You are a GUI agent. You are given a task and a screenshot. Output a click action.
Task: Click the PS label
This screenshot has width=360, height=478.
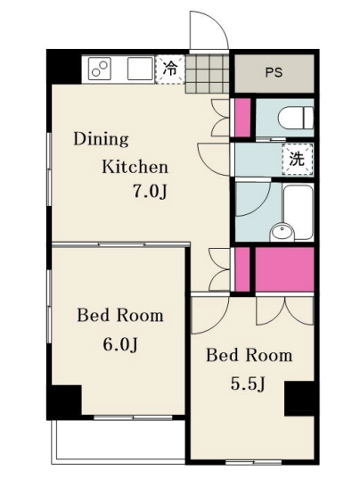(x=274, y=72)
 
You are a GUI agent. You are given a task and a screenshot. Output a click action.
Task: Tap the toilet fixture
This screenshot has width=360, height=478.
(x=296, y=118)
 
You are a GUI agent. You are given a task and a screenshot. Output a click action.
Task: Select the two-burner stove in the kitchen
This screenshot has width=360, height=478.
(x=99, y=70)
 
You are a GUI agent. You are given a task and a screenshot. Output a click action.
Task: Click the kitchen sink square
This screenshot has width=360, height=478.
(x=140, y=69)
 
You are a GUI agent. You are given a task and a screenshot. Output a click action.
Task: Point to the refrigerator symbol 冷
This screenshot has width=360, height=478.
(x=169, y=70)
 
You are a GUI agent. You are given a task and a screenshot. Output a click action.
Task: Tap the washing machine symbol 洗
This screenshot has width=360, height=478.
(x=298, y=159)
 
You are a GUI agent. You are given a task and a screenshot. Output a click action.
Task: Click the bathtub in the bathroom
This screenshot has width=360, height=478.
(x=299, y=211)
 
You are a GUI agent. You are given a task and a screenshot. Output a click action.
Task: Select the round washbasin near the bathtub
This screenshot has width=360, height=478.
(x=282, y=232)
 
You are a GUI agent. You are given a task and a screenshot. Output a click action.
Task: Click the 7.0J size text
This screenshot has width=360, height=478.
(x=149, y=192)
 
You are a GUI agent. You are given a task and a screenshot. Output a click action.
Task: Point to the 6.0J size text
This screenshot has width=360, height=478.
(x=120, y=345)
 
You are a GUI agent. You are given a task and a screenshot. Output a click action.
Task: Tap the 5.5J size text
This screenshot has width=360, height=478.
(x=248, y=383)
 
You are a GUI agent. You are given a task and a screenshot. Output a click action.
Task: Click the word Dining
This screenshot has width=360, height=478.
(x=101, y=140)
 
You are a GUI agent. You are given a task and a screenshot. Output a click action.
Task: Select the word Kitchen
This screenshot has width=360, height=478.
(x=135, y=167)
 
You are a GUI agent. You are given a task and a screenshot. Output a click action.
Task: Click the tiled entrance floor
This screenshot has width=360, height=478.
(x=207, y=73)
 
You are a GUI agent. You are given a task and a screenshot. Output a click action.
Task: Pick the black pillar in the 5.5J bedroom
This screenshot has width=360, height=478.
(x=299, y=399)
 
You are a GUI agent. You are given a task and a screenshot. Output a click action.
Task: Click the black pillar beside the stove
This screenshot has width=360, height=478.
(x=64, y=67)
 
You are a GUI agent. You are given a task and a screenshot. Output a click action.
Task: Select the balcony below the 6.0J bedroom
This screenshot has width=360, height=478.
(x=119, y=441)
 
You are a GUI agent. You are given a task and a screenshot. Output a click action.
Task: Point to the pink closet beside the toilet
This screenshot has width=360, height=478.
(x=242, y=118)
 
